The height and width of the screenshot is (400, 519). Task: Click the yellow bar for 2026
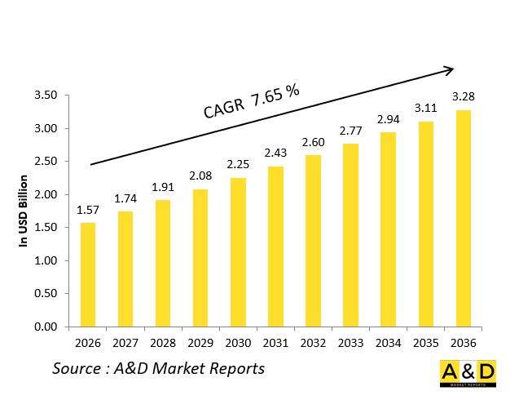[87, 274]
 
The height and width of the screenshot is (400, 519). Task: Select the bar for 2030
[238, 252]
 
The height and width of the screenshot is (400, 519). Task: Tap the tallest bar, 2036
[463, 218]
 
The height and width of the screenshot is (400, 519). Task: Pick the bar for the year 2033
[350, 235]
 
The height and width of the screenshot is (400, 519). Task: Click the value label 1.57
[88, 211]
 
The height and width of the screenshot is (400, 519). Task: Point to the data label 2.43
[275, 153]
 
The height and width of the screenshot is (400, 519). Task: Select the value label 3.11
[425, 109]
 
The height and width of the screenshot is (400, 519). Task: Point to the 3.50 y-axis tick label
[46, 96]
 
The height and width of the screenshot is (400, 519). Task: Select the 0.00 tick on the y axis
[46, 327]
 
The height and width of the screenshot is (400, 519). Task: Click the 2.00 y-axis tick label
[46, 195]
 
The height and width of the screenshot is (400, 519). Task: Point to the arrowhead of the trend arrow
[449, 69]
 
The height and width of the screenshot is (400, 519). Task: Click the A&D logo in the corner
[468, 375]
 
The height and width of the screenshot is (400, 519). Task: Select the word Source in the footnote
[77, 368]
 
